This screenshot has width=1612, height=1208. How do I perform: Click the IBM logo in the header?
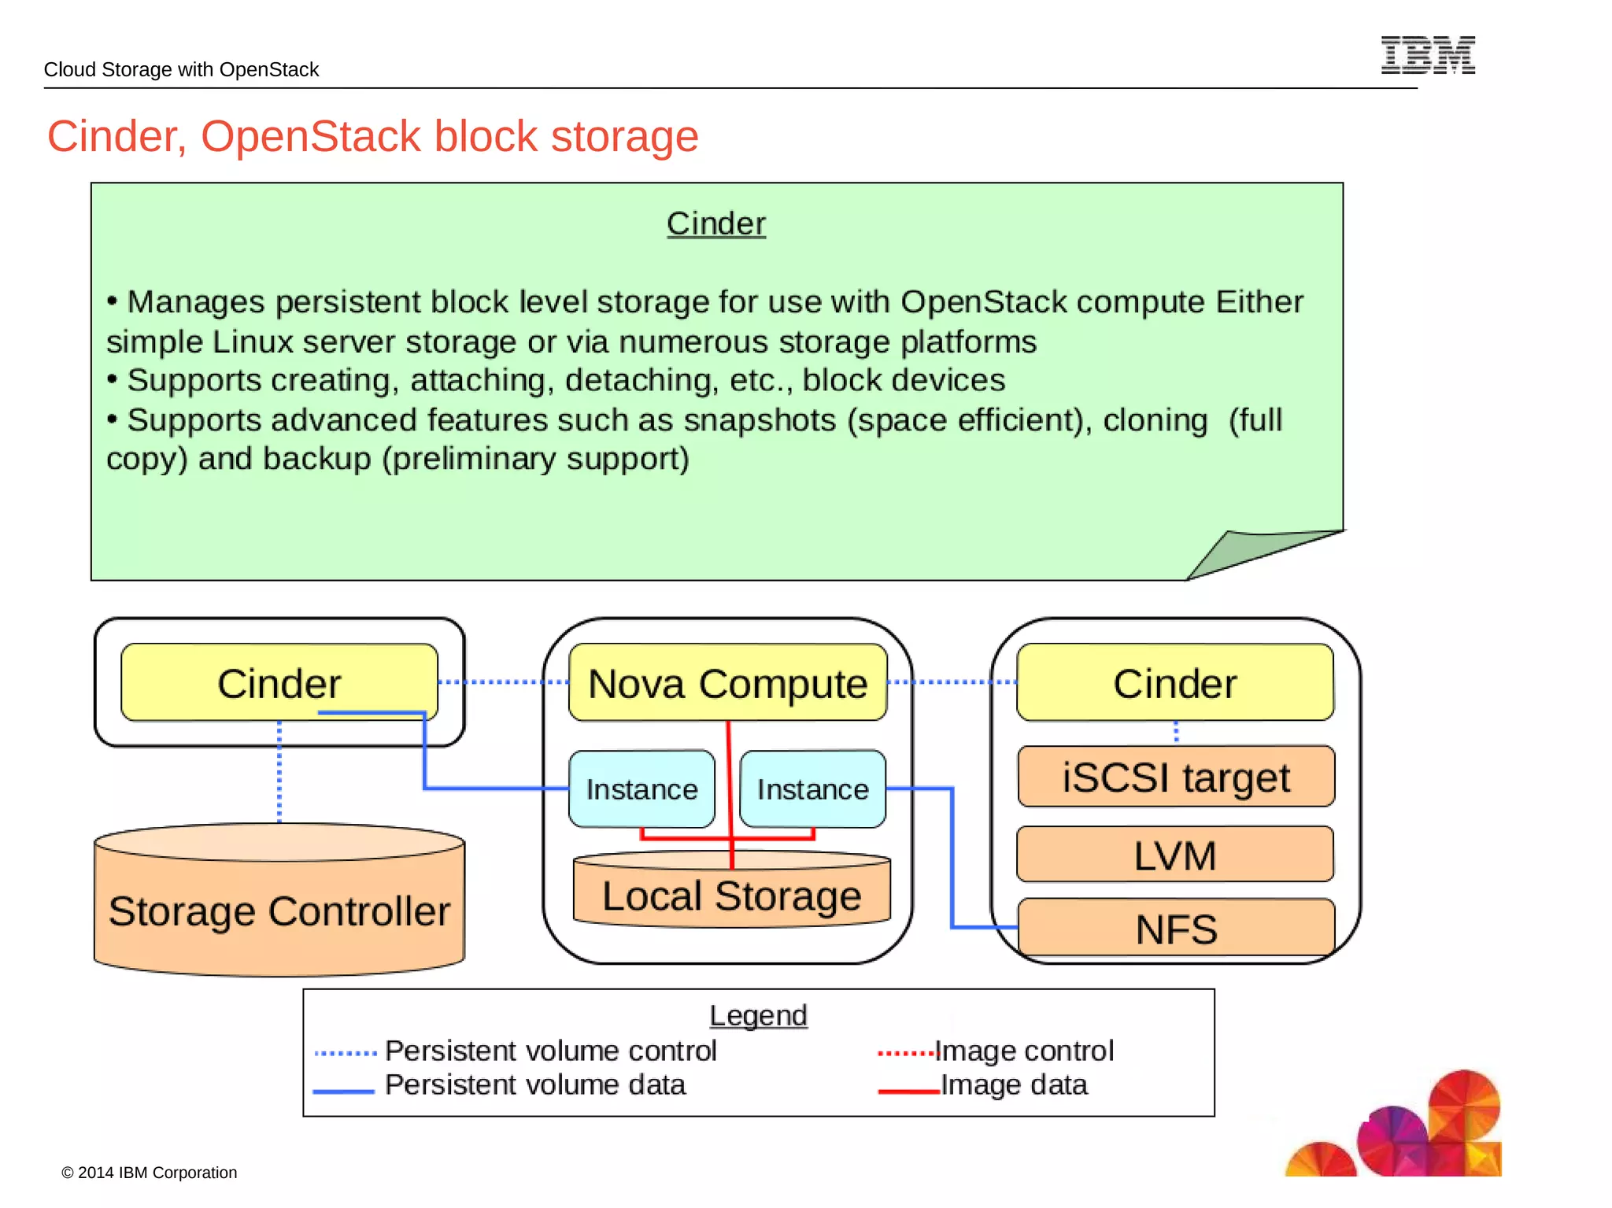click(1428, 55)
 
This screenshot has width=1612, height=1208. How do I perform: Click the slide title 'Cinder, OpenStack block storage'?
click(372, 136)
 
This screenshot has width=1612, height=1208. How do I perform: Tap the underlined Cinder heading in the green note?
click(716, 223)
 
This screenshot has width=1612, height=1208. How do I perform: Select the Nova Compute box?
click(728, 682)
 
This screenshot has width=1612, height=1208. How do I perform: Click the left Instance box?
click(641, 789)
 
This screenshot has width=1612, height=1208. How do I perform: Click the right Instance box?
click(813, 789)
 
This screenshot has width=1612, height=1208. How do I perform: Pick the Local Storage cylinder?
click(732, 888)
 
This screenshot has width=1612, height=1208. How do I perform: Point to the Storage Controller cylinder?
click(279, 900)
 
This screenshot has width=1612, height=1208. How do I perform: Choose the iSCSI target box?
click(1176, 777)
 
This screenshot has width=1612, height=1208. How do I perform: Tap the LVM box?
click(1175, 855)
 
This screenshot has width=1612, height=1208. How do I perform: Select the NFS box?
click(1176, 928)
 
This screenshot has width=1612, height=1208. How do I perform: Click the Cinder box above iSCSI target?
click(1175, 682)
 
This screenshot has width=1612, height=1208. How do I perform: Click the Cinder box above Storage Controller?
click(279, 682)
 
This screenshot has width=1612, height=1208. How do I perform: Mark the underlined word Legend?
click(758, 1015)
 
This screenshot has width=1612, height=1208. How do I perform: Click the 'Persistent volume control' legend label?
click(550, 1051)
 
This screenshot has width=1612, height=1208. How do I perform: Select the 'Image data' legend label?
click(1014, 1084)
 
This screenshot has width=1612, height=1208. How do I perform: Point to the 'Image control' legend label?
click(1024, 1051)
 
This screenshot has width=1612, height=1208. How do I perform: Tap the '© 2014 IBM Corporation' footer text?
click(150, 1173)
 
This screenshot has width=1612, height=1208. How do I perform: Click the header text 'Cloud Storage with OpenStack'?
click(181, 69)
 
